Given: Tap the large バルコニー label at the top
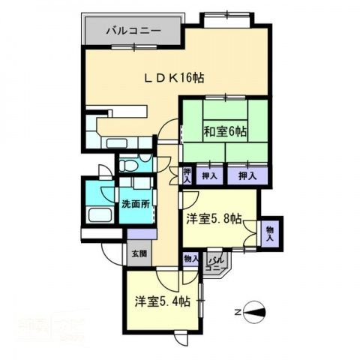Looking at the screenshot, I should coord(132,31).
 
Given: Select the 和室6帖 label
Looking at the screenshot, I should coord(226,132).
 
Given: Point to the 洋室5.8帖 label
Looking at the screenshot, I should coord(214,219).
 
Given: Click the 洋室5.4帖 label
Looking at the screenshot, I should coord(162,301).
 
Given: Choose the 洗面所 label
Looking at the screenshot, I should coord(136,203).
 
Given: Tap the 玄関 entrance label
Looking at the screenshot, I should coord(139,253).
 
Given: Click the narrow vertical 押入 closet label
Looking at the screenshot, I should coord(187,175).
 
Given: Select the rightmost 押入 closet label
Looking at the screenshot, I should coord(247,175).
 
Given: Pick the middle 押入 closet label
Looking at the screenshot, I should coord(211,175).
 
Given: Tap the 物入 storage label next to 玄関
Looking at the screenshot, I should coord(190,257).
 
